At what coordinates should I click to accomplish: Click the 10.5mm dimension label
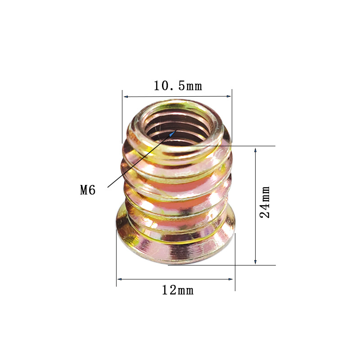178,86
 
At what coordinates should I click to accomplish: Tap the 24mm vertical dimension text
265,202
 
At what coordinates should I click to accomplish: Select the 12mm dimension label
178,290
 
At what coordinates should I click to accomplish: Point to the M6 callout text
88,190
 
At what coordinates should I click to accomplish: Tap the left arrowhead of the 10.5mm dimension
126,97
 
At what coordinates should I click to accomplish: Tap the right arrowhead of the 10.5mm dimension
229,96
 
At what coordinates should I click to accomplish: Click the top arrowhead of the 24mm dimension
255,150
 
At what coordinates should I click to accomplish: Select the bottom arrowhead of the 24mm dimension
255,262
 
